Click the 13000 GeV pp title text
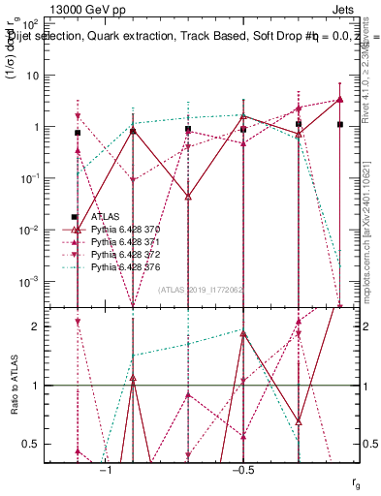91,13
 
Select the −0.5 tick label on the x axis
242,469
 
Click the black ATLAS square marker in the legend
76,217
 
